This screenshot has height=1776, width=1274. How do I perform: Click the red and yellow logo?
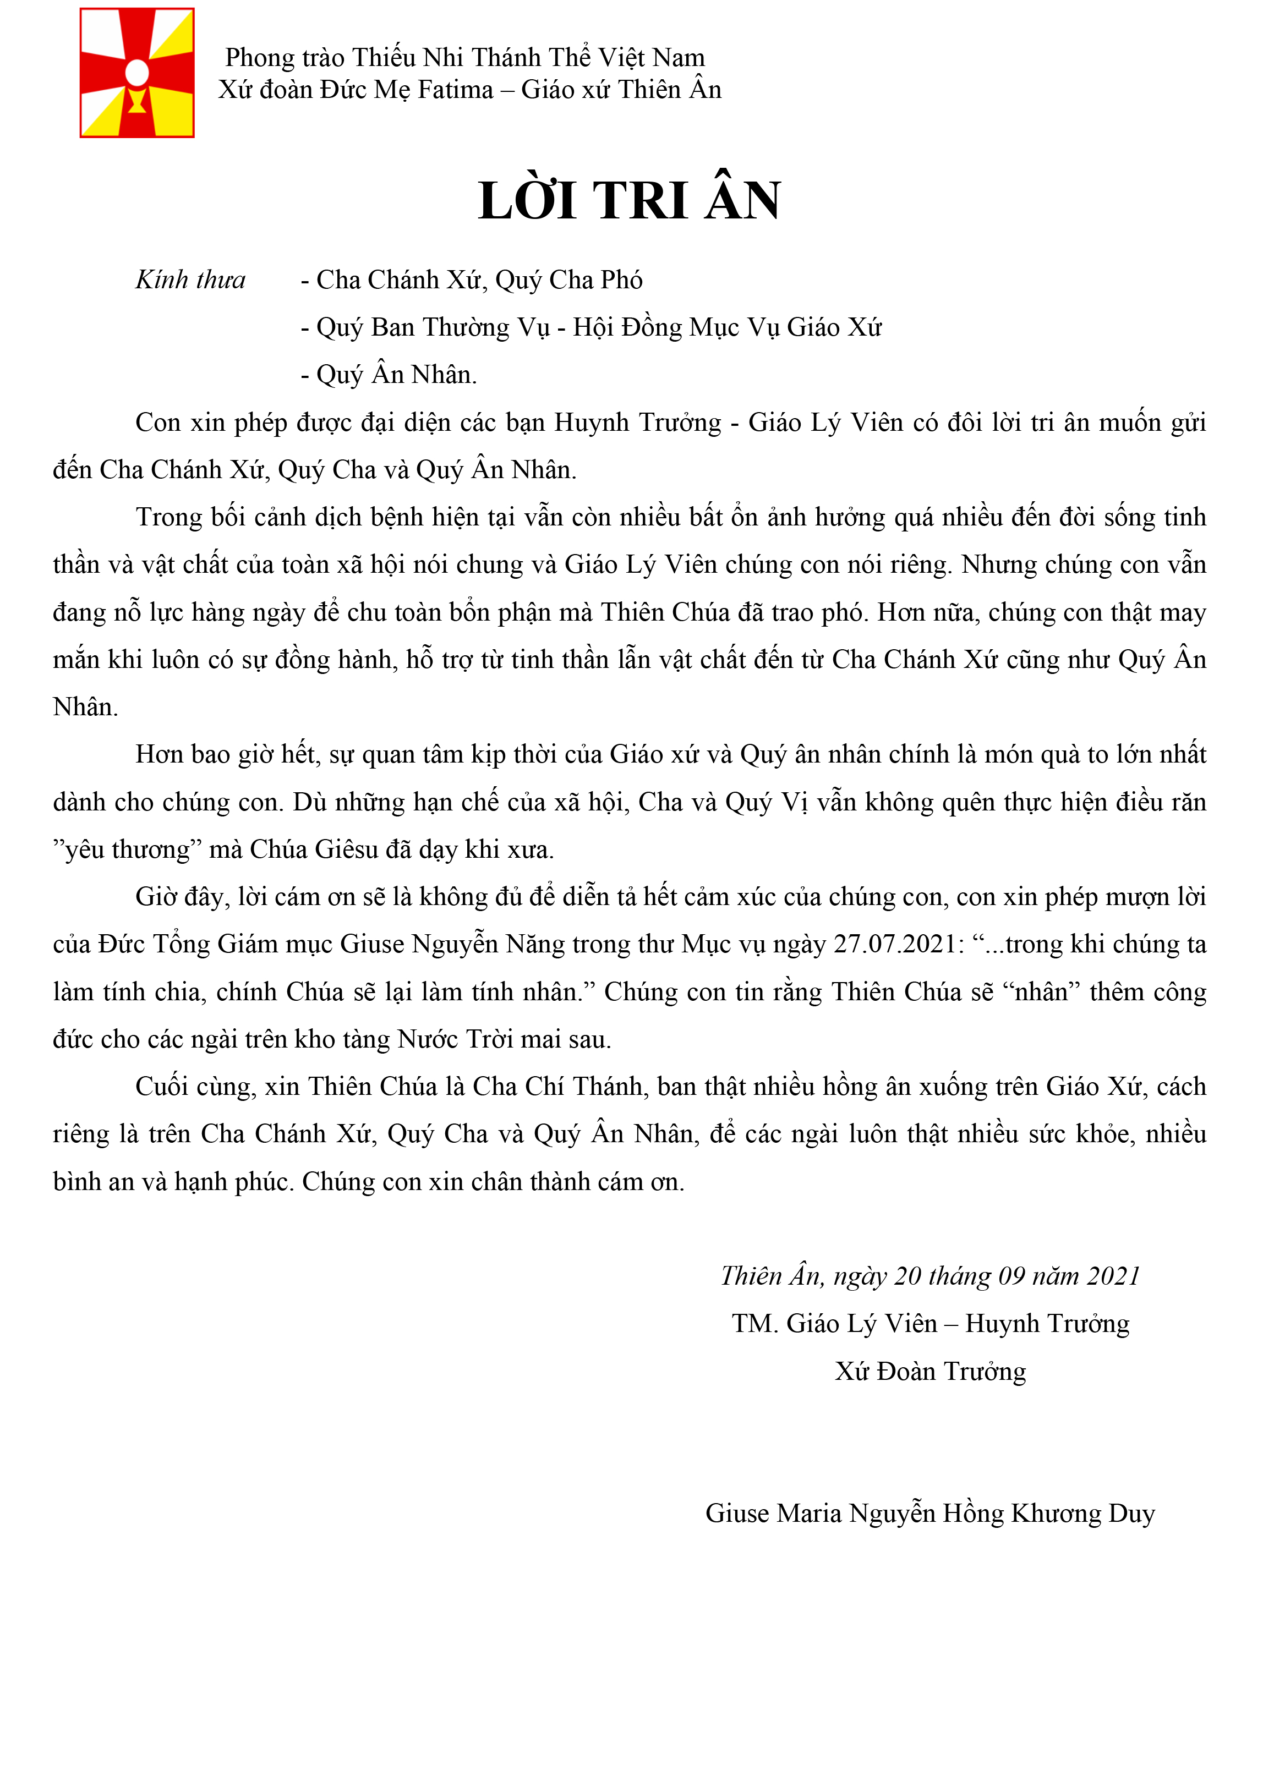[x=137, y=73]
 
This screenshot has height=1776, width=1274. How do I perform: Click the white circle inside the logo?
[x=137, y=72]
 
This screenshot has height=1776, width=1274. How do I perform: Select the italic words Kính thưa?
[x=190, y=279]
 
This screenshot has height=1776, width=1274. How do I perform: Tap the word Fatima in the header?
[x=455, y=90]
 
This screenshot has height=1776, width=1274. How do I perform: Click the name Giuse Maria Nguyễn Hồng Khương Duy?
[x=929, y=1513]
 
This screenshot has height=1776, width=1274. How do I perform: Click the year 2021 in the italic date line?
[x=1113, y=1276]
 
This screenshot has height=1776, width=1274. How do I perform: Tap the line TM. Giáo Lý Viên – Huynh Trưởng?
[x=930, y=1323]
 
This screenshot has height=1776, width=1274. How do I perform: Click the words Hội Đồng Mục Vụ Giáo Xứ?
[x=726, y=327]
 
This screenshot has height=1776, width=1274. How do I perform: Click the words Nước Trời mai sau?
[x=504, y=1039]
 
